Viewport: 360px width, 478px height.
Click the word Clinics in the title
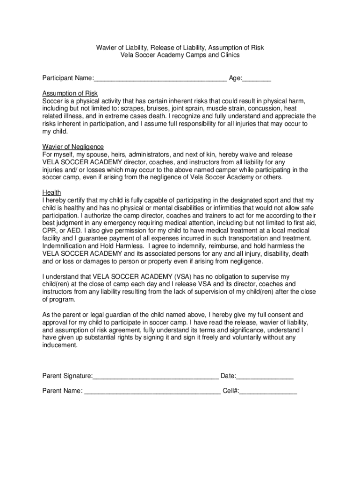(228, 55)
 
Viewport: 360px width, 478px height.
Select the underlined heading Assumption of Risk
(70, 93)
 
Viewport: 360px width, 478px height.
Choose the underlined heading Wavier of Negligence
(73, 147)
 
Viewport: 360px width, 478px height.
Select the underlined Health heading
(52, 192)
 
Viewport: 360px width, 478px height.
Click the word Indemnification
(69, 246)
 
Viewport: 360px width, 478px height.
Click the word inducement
(60, 345)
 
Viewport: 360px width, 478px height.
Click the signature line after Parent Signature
(155, 377)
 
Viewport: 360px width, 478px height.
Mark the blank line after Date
(265, 377)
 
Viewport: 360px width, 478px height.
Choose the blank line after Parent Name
(152, 391)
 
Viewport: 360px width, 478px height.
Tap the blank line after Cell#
(268, 391)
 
